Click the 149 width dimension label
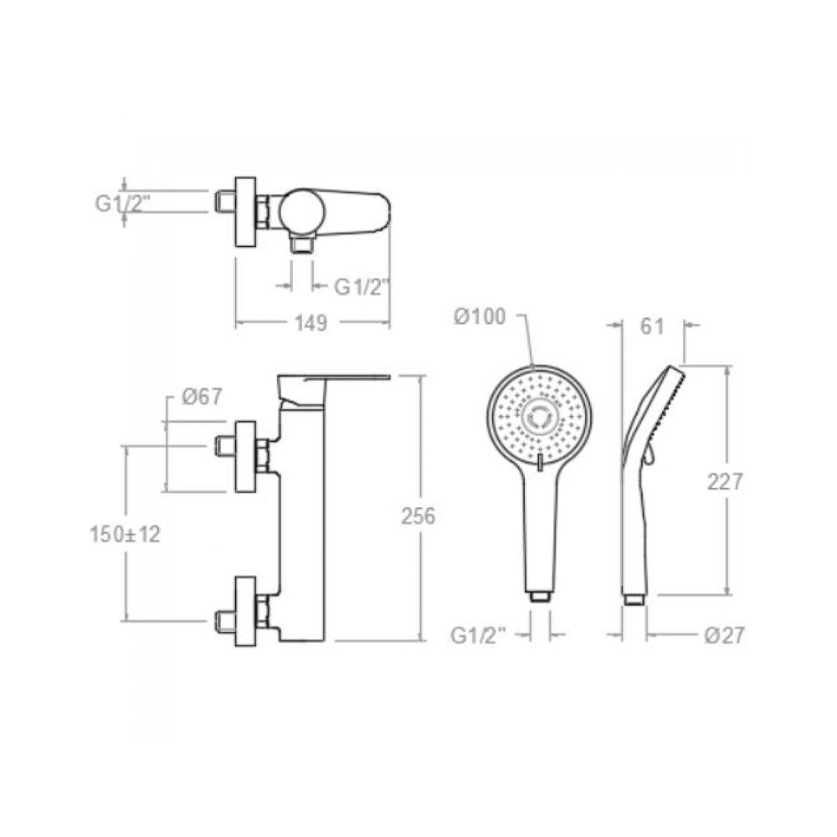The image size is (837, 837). point(311,322)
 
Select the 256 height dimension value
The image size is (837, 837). point(418,516)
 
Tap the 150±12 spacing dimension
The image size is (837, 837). point(125,534)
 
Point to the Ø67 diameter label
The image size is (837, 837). point(202,397)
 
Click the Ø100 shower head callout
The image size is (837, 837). point(480,316)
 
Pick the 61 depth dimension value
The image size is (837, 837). point(652,326)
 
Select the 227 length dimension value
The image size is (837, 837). point(725,482)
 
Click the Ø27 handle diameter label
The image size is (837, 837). point(724,635)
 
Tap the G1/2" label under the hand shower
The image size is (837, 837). point(478,635)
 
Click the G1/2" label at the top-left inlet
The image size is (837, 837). point(123,203)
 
